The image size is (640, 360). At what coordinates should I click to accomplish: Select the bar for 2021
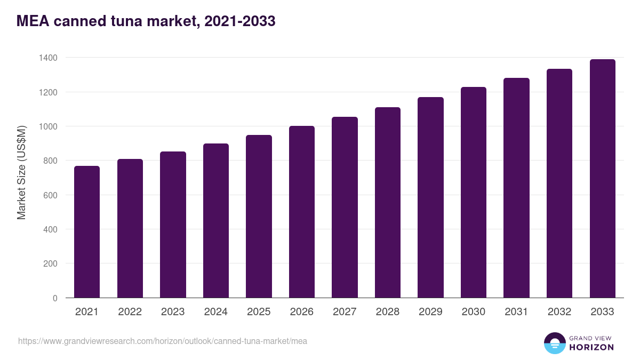tap(86, 232)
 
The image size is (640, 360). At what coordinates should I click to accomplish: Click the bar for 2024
tap(215, 221)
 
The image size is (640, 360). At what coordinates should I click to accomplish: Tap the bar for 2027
tap(345, 207)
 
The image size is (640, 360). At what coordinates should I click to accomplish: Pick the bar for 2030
tap(474, 193)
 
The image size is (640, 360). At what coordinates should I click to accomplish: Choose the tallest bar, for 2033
tap(602, 179)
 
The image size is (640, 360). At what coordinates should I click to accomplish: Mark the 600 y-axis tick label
tap(51, 195)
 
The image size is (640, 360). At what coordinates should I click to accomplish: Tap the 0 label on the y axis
tap(55, 298)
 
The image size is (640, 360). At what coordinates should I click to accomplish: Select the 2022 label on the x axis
tap(130, 312)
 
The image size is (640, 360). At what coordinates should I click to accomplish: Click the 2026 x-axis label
tap(301, 312)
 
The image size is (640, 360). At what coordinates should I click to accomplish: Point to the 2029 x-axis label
tap(430, 312)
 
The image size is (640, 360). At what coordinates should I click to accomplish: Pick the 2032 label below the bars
tap(559, 312)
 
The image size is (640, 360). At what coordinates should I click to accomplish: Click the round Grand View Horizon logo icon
tap(554, 343)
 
